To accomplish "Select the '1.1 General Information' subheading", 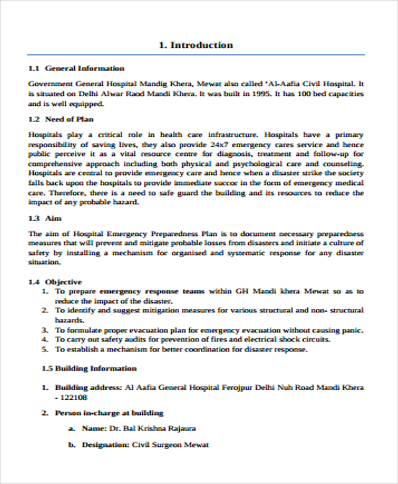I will pos(76,68).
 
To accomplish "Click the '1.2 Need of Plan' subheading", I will pos(61,119).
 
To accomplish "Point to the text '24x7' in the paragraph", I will pos(220,144).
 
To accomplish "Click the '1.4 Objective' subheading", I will pos(55,281).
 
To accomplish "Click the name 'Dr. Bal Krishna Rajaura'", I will pos(153,429).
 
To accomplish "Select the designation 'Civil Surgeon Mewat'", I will pos(170,445).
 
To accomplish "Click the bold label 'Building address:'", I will pos(88,387).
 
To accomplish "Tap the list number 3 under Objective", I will pos(44,330).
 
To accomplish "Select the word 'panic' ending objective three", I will pos(352,330).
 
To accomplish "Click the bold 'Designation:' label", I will pos(105,445).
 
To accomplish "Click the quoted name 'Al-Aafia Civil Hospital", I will pos(311,84).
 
